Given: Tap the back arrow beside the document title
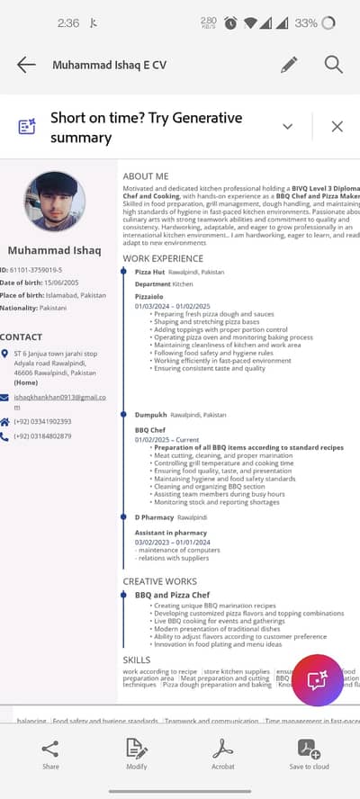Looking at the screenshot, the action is (x=26, y=65).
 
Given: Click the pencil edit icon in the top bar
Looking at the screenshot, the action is (x=289, y=65).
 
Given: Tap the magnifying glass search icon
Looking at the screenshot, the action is (x=334, y=65).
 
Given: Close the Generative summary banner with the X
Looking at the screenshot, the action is (x=337, y=127).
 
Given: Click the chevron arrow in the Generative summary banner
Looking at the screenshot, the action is (x=288, y=127).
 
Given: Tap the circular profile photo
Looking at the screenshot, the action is (x=55, y=202).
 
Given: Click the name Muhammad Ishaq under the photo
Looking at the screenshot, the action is (x=54, y=249).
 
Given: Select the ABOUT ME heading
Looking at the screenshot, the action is (x=146, y=176).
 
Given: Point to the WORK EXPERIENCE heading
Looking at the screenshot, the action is (x=163, y=258).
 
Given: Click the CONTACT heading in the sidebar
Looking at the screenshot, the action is (x=22, y=337).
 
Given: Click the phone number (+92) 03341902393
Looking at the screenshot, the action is (x=42, y=421).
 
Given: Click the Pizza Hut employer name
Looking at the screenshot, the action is (x=149, y=272).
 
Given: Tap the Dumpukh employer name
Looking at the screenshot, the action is (x=150, y=415).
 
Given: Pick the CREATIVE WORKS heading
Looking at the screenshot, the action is (x=159, y=582).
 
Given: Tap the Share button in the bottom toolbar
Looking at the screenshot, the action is (x=50, y=754).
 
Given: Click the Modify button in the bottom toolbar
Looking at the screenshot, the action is (x=137, y=754).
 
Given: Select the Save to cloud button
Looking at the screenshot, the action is (x=309, y=754).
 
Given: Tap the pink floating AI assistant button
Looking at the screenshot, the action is (x=317, y=681).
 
